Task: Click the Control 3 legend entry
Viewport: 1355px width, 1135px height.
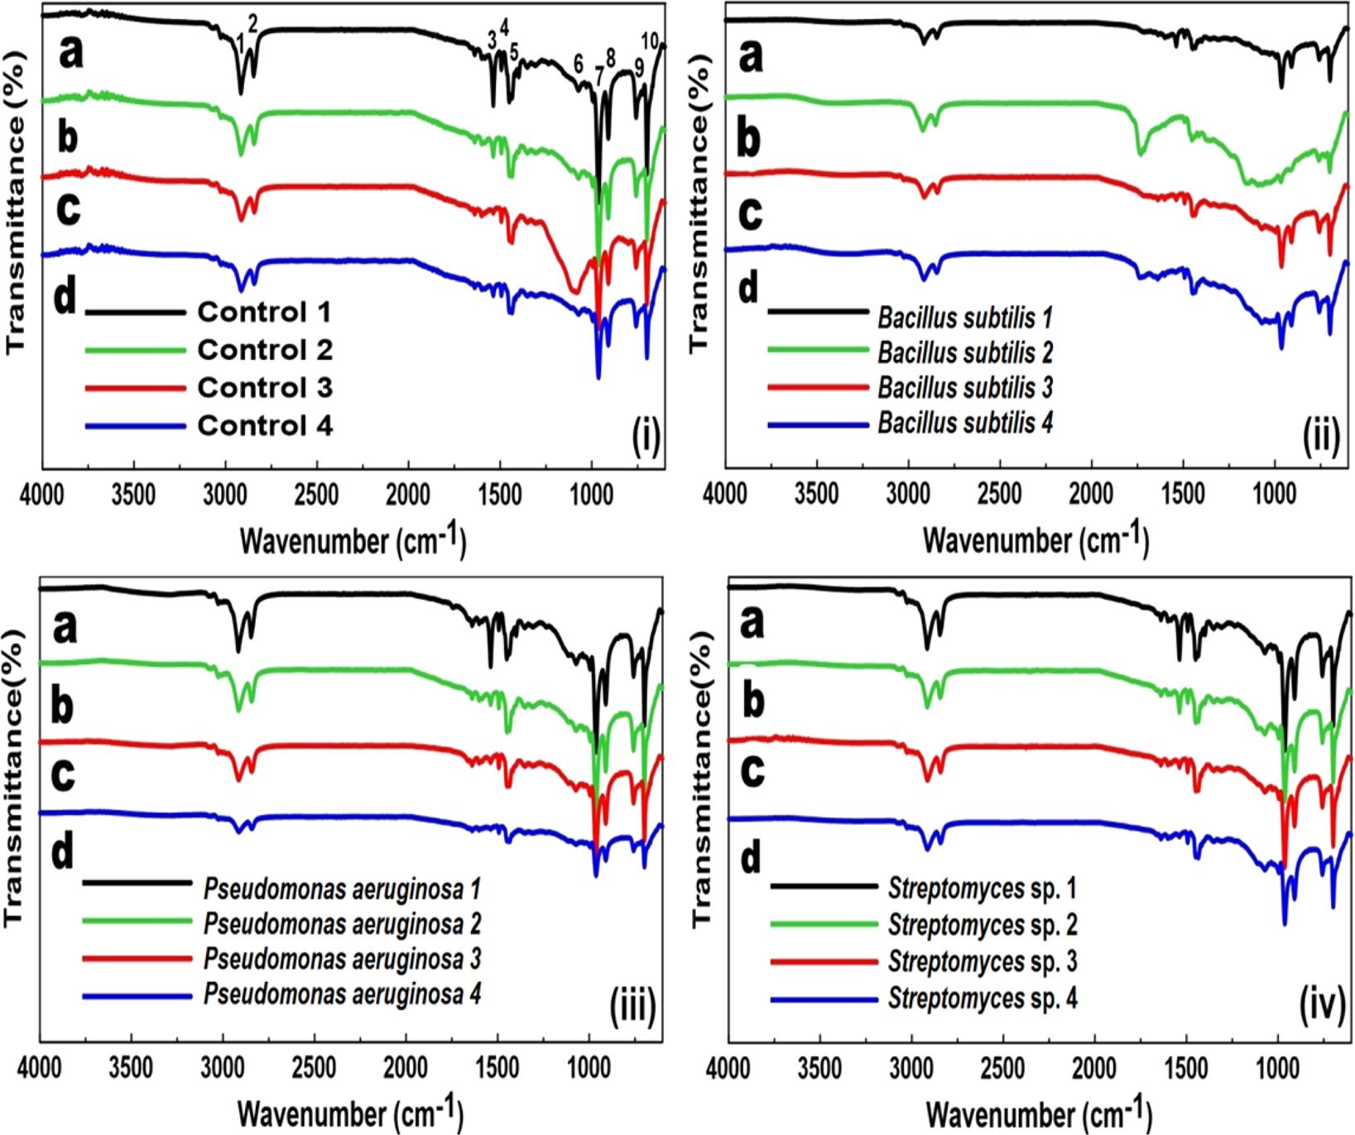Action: click(x=264, y=387)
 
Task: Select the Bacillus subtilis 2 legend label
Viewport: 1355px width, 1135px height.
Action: click(x=965, y=352)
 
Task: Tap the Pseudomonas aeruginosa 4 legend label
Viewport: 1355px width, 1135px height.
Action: click(x=342, y=994)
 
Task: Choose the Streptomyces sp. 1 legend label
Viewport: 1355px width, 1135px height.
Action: click(x=983, y=888)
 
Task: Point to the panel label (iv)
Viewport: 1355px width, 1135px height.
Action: click(x=1322, y=1006)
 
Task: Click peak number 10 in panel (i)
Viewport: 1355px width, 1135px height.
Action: click(x=650, y=41)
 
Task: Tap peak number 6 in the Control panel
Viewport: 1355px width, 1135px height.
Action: click(x=579, y=65)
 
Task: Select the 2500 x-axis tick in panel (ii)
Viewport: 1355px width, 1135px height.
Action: click(x=999, y=495)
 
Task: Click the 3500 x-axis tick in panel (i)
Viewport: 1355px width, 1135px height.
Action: click(x=132, y=495)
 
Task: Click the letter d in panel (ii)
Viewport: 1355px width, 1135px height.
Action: click(x=747, y=288)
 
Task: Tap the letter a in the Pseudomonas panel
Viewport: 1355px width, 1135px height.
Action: click(x=65, y=626)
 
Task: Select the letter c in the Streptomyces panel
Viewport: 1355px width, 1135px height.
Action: click(x=752, y=771)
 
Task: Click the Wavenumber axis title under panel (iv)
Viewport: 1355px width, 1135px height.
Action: click(x=1038, y=1113)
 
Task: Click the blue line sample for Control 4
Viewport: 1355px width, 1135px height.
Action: click(x=135, y=426)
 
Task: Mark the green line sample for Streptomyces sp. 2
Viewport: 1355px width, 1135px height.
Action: click(x=823, y=925)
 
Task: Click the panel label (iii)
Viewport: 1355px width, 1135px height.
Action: click(x=633, y=1006)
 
